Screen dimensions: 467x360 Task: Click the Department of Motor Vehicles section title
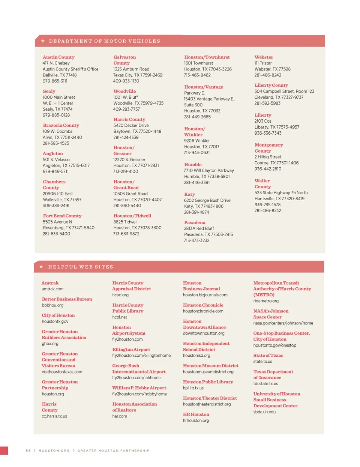[x=104, y=41]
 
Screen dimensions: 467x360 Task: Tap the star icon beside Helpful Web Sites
[x=41, y=267]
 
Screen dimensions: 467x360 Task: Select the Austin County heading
[x=58, y=57]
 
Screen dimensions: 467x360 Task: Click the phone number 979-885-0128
[x=56, y=115]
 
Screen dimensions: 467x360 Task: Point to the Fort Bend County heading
[x=62, y=216]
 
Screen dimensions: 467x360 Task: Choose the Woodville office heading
[x=124, y=92]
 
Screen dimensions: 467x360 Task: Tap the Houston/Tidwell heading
[x=132, y=216]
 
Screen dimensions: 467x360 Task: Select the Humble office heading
[x=193, y=165]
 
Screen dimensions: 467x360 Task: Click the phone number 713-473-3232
[x=196, y=240]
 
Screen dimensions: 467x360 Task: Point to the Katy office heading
[x=189, y=194]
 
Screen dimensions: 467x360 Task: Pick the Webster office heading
[x=264, y=57]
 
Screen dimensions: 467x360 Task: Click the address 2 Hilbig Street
[x=268, y=157]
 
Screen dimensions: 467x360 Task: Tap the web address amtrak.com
[x=52, y=289]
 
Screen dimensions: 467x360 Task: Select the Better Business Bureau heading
[x=67, y=299]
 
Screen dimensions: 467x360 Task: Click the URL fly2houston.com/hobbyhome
[x=139, y=394]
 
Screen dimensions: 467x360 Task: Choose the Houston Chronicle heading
[x=203, y=305]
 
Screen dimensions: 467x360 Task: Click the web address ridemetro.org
[x=266, y=301]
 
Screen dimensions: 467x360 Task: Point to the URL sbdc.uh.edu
[x=264, y=412]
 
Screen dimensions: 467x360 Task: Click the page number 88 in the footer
[x=28, y=450]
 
